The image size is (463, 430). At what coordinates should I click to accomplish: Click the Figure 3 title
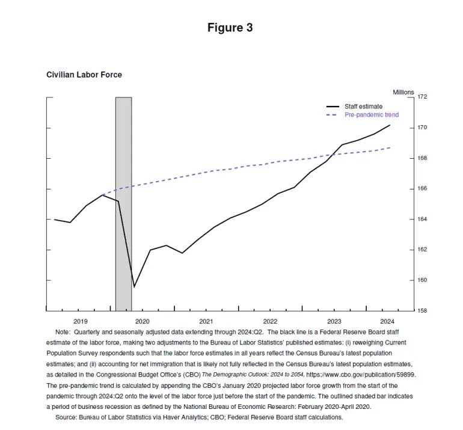[x=230, y=28]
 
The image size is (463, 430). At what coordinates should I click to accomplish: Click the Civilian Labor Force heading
[x=84, y=75]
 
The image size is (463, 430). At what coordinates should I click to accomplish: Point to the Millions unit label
[x=403, y=92]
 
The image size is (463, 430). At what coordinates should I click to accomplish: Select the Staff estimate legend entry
[x=363, y=106]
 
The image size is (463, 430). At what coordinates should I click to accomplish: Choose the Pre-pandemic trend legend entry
[x=371, y=114]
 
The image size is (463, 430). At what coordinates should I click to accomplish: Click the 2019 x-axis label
[x=80, y=321]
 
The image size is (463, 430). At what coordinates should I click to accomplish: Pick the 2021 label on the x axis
[x=206, y=321]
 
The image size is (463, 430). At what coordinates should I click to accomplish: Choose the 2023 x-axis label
[x=334, y=321]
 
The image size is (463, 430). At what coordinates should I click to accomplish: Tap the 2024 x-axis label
[x=387, y=321]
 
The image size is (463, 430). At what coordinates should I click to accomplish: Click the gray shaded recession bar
[x=123, y=204]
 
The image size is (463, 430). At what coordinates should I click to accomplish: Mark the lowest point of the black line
[x=133, y=287]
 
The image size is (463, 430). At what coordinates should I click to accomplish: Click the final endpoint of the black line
[x=390, y=125]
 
